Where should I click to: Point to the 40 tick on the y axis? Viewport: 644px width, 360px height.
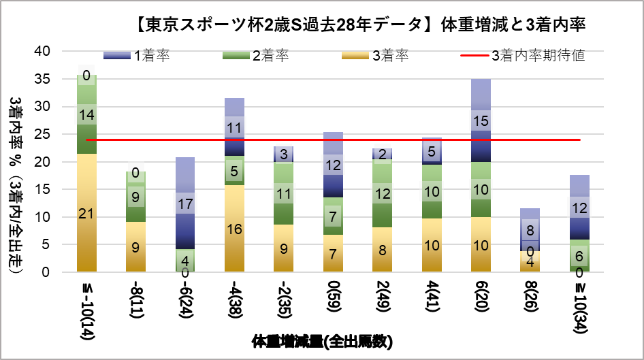42,51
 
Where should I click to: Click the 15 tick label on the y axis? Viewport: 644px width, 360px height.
42,189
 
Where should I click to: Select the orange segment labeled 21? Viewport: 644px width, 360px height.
86,214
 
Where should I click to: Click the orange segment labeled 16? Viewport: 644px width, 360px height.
234,229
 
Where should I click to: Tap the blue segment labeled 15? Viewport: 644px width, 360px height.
481,120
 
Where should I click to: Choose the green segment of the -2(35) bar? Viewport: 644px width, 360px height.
284,193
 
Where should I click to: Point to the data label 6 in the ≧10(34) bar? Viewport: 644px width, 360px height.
579,256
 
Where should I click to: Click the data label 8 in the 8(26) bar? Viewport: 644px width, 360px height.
530,230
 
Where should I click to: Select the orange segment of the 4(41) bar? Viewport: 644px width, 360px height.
432,245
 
